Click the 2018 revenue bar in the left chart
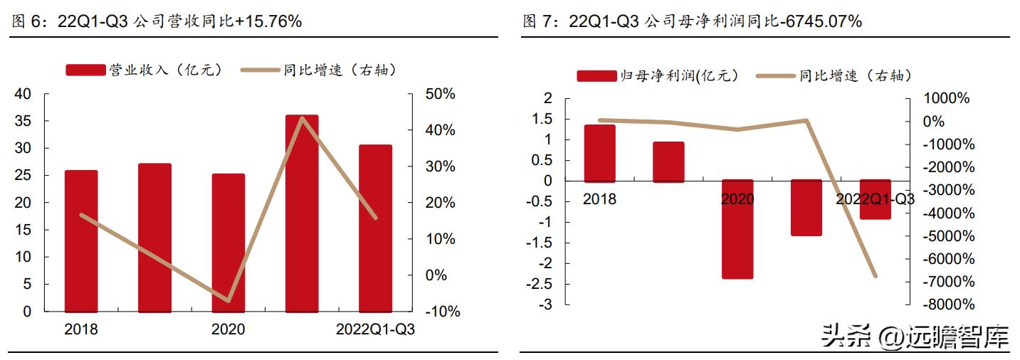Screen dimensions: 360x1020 click(x=80, y=241)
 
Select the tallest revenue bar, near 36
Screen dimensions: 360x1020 click(x=302, y=213)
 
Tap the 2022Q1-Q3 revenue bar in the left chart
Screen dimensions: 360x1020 click(x=375, y=228)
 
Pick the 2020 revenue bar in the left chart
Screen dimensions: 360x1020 click(x=228, y=243)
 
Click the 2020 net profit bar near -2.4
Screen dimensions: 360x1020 click(x=737, y=229)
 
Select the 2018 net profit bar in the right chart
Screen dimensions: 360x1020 click(x=599, y=154)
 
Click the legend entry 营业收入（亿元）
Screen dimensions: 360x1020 click(x=145, y=70)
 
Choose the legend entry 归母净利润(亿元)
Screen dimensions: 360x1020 click(x=658, y=75)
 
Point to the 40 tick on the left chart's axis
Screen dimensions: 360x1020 click(x=23, y=95)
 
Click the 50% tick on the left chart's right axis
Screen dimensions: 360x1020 click(x=440, y=95)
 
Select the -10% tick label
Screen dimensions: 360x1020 click(x=442, y=312)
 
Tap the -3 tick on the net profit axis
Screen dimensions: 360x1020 click(x=546, y=305)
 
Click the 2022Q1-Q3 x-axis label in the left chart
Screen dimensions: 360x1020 click(x=375, y=330)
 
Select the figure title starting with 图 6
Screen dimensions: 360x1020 click(x=157, y=21)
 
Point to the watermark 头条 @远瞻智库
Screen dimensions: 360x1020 click(x=915, y=336)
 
